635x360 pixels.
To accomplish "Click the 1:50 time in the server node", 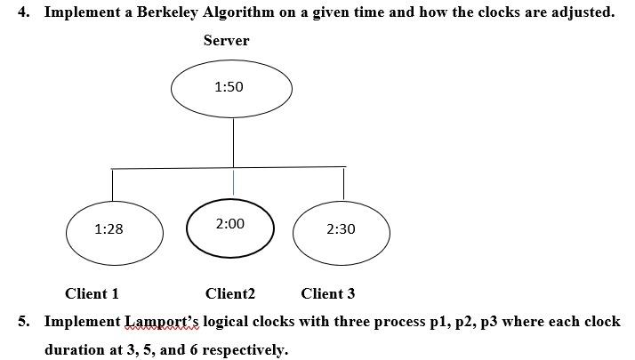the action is click(229, 87).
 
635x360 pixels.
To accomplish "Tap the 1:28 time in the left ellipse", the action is click(109, 229).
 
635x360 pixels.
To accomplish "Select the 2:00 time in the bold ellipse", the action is click(229, 224).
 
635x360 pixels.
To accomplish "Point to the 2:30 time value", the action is click(341, 229).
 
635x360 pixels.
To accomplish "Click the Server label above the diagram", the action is click(226, 41).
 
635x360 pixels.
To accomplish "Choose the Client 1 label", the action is click(92, 293).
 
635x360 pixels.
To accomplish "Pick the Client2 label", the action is click(230, 293).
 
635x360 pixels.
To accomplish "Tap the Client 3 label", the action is click(328, 293).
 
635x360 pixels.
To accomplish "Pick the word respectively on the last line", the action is click(245, 349).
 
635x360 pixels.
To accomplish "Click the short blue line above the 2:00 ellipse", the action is click(233, 182).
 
